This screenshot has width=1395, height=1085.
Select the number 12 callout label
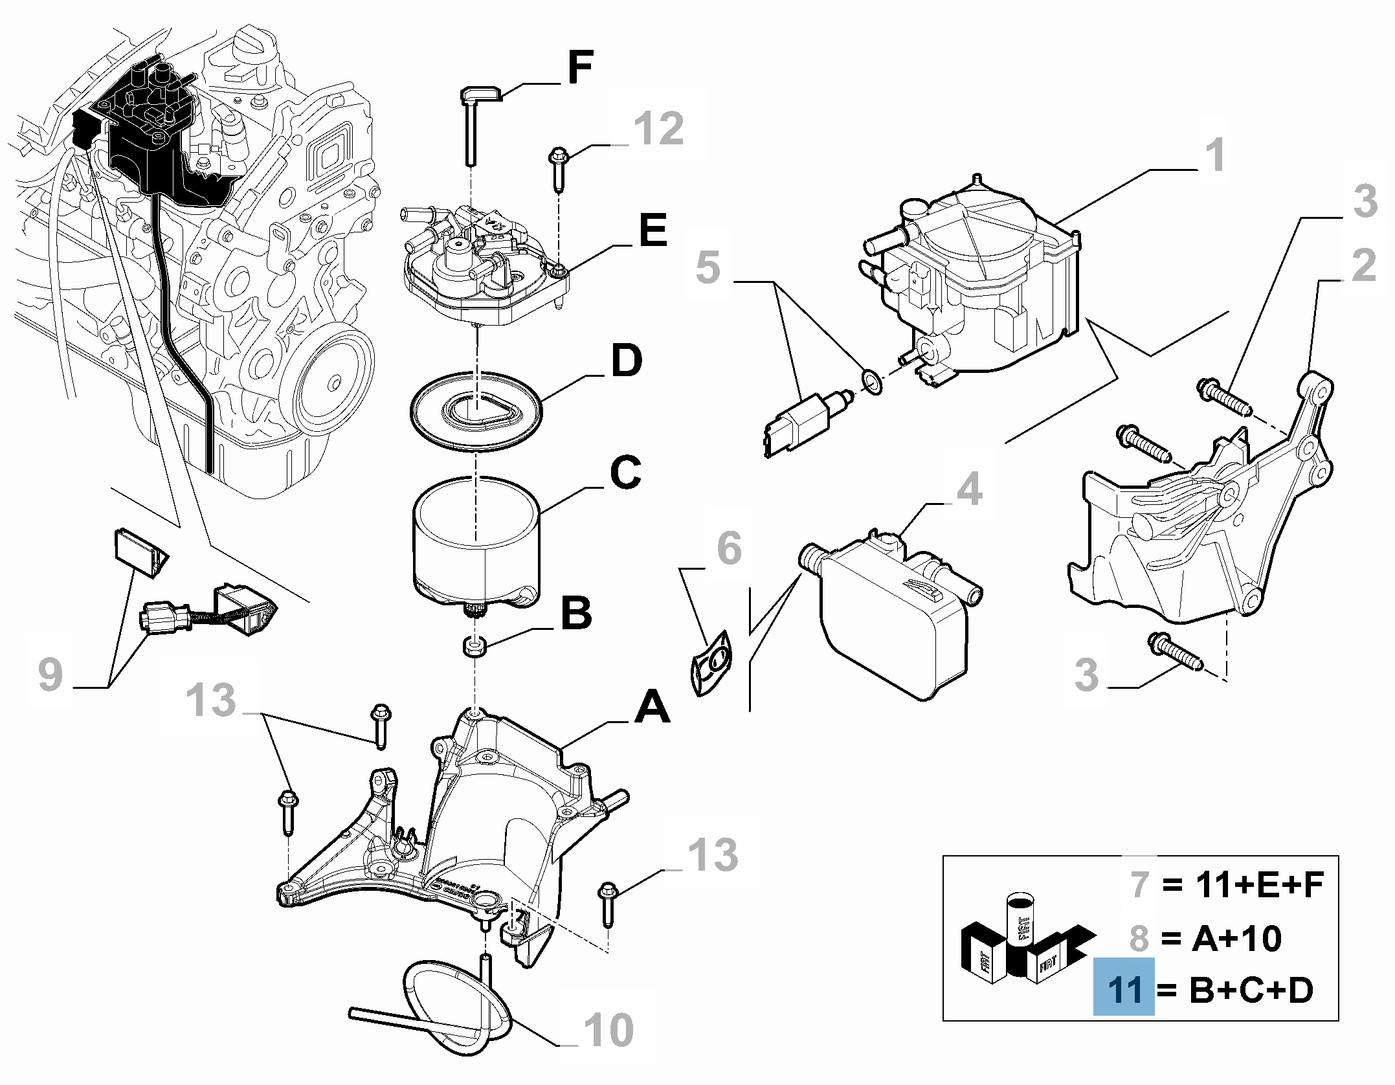coord(658,128)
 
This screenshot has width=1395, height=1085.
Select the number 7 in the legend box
coord(1140,884)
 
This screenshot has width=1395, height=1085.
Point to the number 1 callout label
coord(1216,155)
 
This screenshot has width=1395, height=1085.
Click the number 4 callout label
coord(969,489)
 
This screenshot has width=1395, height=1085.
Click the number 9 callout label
coord(50,675)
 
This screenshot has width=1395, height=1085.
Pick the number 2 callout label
coord(1363,267)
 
